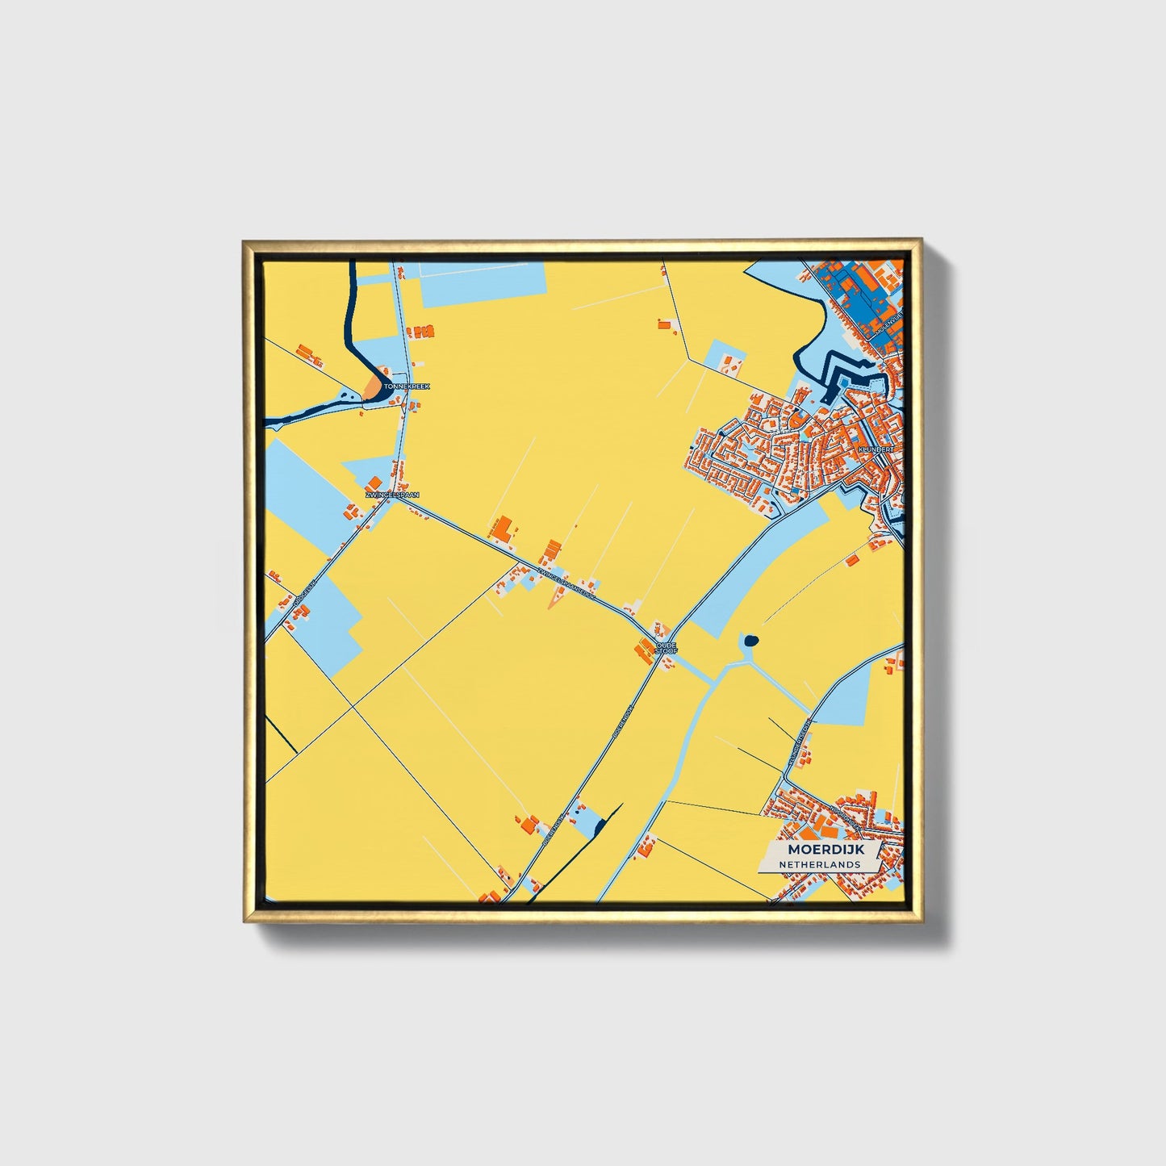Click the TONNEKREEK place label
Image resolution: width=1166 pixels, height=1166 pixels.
click(x=407, y=387)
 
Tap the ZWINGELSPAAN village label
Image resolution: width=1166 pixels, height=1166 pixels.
click(x=392, y=495)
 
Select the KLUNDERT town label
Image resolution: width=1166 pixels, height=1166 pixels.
click(x=876, y=448)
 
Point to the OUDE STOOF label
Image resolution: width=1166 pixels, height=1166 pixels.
click(x=667, y=647)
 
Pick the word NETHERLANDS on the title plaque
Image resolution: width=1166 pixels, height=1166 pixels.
click(x=819, y=864)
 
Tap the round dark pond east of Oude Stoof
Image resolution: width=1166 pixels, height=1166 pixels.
click(x=750, y=641)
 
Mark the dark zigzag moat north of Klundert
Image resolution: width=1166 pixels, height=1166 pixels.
click(x=843, y=376)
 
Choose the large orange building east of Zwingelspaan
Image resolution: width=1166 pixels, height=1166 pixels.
click(x=502, y=529)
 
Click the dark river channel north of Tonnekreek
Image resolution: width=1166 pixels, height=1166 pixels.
click(x=352, y=323)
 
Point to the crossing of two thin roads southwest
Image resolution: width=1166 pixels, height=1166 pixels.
click(x=352, y=708)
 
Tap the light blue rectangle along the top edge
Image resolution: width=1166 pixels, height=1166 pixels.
click(x=482, y=285)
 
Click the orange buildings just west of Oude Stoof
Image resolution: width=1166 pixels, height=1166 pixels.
click(x=646, y=650)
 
